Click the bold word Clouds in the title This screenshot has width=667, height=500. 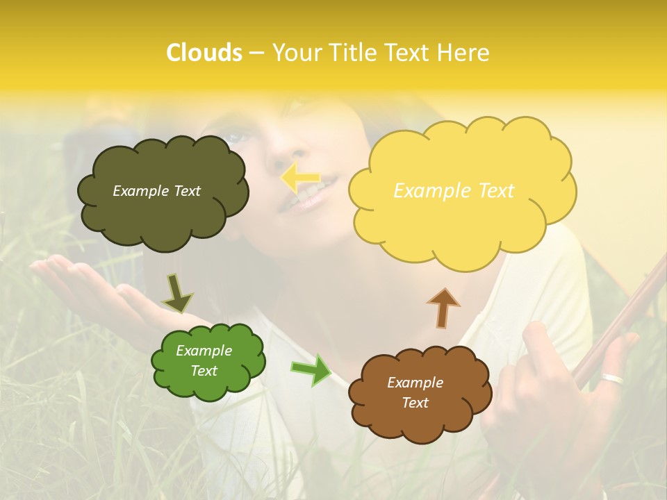pyautogui.click(x=204, y=53)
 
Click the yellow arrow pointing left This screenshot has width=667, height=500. pyautogui.click(x=300, y=178)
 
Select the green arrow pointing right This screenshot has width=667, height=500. pyautogui.click(x=311, y=369)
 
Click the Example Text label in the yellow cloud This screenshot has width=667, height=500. pyautogui.click(x=454, y=191)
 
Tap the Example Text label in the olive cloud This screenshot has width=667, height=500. pyautogui.click(x=156, y=191)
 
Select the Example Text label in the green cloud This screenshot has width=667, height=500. pyautogui.click(x=204, y=361)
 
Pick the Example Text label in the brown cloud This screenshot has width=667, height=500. pyautogui.click(x=415, y=392)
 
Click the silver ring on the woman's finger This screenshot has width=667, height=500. pyautogui.click(x=613, y=379)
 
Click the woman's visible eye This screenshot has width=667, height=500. pyautogui.click(x=236, y=137)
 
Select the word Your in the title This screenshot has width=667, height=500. pyautogui.click(x=295, y=53)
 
